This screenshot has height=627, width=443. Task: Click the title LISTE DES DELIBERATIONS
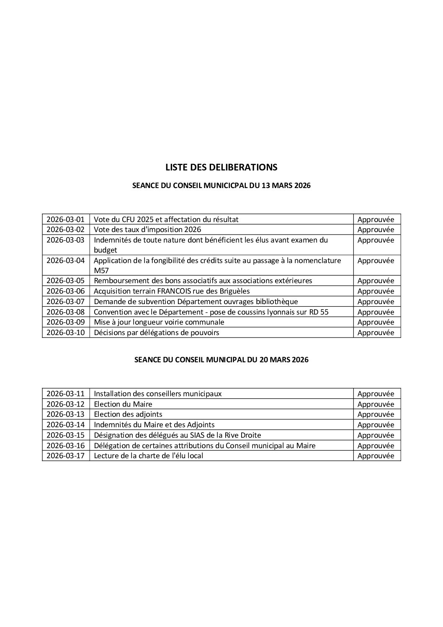(x=221, y=167)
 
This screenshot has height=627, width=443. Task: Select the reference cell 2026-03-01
(x=65, y=219)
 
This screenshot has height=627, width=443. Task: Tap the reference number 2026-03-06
(x=65, y=291)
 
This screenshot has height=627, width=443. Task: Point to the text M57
(x=101, y=271)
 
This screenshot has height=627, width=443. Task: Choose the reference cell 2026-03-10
(x=65, y=333)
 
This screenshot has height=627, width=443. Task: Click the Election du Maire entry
(x=123, y=404)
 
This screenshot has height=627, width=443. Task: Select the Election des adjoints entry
(x=128, y=414)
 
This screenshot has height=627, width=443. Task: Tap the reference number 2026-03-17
(x=65, y=456)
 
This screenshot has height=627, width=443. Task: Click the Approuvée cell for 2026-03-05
(x=376, y=281)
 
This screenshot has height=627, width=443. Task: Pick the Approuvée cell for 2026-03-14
(x=376, y=425)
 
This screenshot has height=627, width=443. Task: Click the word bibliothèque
(x=275, y=302)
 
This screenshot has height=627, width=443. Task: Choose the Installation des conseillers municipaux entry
(x=158, y=394)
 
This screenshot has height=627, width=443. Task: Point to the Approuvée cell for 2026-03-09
(x=376, y=322)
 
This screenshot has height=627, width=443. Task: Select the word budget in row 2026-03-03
(x=106, y=250)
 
